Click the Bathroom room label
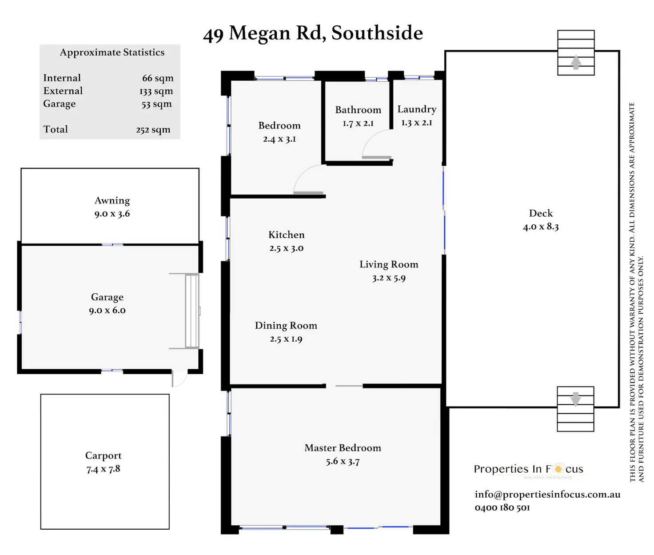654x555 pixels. [358, 110]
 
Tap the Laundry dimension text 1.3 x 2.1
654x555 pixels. [417, 123]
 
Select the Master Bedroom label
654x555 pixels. [343, 448]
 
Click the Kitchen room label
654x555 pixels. [287, 235]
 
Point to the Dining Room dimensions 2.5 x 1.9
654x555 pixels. [286, 339]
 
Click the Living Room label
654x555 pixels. [389, 264]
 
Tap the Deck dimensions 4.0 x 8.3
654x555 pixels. [541, 227]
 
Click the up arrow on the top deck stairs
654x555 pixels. [576, 62]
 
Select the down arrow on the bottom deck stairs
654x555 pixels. [575, 399]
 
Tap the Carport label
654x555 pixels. [103, 455]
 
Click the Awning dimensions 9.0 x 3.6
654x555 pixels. [112, 214]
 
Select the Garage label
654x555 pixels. [107, 297]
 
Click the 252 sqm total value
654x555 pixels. [153, 130]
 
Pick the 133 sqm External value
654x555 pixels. [156, 91]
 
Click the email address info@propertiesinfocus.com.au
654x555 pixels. [547, 494]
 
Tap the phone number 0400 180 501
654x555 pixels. [502, 507]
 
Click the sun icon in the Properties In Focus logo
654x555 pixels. [558, 469]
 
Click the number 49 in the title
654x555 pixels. [213, 34]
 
